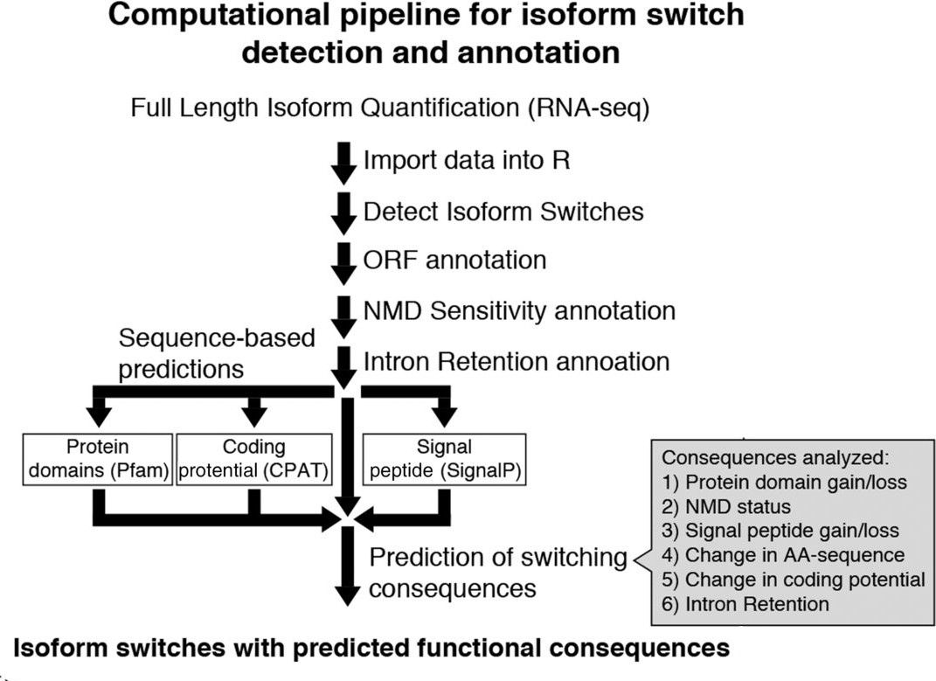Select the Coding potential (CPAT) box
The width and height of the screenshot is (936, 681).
253,458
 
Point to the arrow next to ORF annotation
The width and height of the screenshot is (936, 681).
345,261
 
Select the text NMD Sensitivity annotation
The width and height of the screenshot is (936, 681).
519,310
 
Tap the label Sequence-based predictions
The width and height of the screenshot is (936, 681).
216,353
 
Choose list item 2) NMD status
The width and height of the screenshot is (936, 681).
726,506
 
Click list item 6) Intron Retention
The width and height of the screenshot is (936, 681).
745,603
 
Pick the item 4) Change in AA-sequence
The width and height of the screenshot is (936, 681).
783,554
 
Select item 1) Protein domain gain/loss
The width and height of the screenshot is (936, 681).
785,482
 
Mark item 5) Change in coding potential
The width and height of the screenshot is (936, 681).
794,579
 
